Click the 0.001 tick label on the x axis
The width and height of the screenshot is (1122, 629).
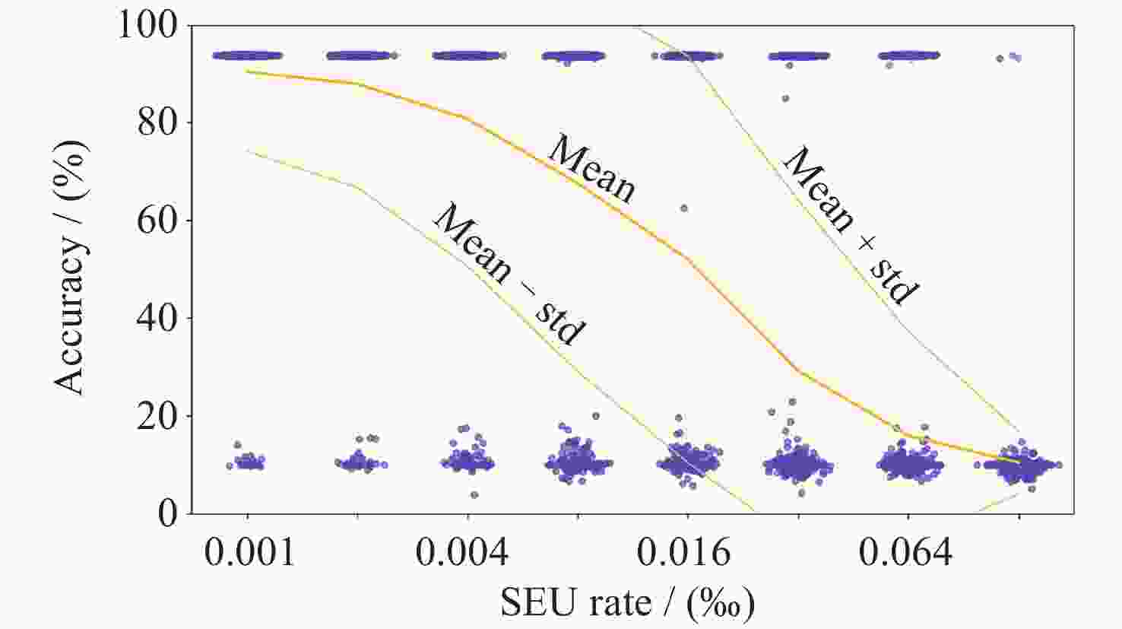point(249,553)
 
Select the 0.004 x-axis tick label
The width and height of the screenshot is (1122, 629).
point(462,553)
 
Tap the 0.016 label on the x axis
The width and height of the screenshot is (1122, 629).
point(683,553)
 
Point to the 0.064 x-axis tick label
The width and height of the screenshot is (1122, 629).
point(905,553)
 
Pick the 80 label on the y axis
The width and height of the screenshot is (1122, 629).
point(157,122)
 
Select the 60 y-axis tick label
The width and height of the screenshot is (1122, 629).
point(157,221)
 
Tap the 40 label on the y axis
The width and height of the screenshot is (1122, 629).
point(157,318)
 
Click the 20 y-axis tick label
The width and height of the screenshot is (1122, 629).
point(157,416)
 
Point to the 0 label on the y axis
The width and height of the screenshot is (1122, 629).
point(168,513)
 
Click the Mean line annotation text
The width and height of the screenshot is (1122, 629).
point(591,169)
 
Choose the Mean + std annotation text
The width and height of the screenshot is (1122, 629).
point(850,225)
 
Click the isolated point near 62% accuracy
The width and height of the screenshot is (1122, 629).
point(684,208)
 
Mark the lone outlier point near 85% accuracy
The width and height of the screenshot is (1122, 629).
point(785,98)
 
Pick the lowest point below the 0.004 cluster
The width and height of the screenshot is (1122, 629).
point(474,495)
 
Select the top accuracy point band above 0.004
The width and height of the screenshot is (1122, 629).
point(468,56)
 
